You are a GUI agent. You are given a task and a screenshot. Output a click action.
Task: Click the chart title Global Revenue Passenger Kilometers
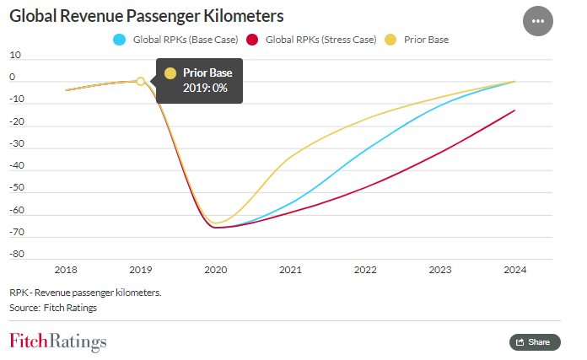(146, 16)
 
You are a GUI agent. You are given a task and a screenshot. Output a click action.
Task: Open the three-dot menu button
(538, 21)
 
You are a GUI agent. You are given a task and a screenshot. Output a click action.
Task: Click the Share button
(535, 341)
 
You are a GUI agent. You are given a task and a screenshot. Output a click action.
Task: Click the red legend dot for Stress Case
(250, 40)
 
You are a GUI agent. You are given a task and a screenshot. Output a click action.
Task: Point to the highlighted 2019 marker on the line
(141, 82)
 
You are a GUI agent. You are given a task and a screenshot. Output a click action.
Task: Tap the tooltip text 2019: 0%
(206, 89)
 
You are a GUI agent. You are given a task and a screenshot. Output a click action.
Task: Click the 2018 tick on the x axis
(66, 270)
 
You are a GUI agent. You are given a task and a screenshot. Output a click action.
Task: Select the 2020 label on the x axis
(216, 270)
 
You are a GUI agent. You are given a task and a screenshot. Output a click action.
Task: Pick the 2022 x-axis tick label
(365, 270)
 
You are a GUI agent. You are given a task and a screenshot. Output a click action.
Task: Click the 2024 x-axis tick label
(514, 270)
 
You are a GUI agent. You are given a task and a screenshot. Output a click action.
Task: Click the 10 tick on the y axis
(15, 55)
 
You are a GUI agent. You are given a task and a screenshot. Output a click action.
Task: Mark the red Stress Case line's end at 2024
(514, 110)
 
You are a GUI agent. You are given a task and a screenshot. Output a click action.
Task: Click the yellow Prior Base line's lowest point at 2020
(216, 223)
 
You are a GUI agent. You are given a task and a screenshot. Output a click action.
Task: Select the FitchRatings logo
(58, 341)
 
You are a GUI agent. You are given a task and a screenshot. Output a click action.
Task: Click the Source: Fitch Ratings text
(53, 308)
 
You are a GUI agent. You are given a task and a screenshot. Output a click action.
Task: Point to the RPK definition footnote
(85, 292)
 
